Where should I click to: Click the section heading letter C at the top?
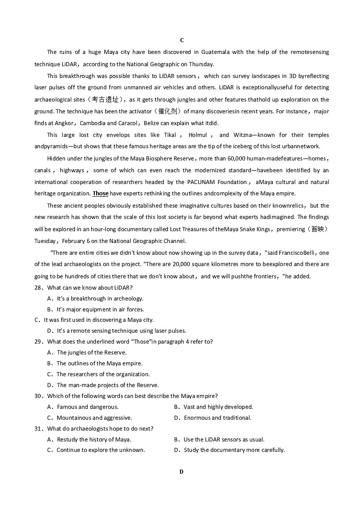click(182, 40)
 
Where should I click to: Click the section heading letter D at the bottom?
click(181, 471)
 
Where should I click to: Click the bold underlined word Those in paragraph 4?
click(100, 194)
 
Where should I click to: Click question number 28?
click(39, 288)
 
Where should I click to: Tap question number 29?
click(39, 342)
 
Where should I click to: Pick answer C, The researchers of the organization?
click(102, 374)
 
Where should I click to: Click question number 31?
click(39, 429)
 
